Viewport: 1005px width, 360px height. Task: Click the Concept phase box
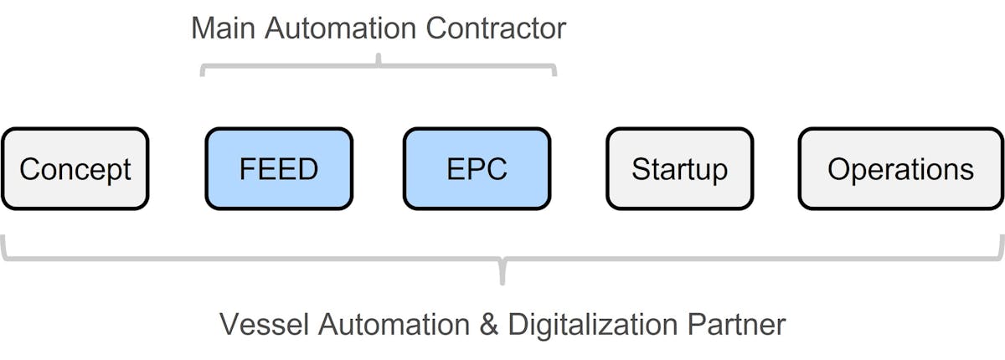pos(75,168)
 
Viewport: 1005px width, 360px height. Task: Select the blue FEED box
pos(279,168)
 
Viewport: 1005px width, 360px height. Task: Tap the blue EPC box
pos(477,168)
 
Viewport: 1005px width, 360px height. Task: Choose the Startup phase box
pos(679,168)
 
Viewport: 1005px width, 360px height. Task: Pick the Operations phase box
pos(900,168)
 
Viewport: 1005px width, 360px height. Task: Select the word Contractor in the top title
pos(496,28)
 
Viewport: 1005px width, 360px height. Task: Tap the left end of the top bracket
pos(202,74)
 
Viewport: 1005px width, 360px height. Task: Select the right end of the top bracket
pos(554,74)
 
